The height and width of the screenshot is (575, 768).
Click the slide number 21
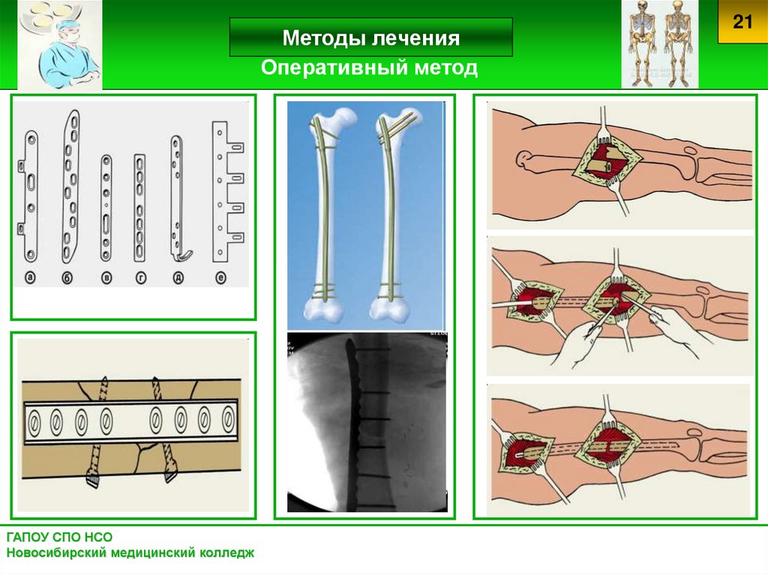pos(742,22)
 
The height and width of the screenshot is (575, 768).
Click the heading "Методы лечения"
pos(370,38)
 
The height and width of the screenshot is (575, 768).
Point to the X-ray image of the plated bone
pos(367,422)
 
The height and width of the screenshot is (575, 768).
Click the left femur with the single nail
pos(328,214)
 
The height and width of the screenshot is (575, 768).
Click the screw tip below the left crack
pos(94,480)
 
